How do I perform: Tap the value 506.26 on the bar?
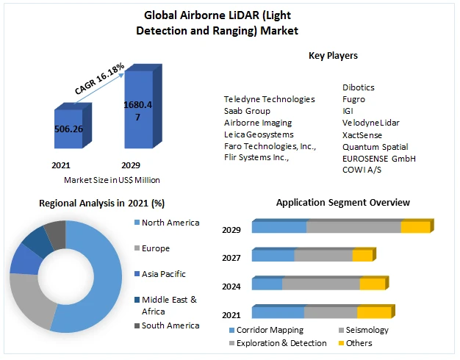68,129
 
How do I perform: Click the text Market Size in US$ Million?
111,180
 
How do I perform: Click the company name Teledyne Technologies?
269,99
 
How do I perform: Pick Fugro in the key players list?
353,99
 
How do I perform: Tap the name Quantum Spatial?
375,146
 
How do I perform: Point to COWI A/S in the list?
362,170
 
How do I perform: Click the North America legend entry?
170,223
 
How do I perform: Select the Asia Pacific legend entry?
163,274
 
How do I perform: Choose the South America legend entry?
170,325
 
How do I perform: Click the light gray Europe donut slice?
29,301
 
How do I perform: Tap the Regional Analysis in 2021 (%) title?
101,203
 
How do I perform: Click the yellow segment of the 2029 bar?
414,227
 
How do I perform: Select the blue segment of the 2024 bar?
267,284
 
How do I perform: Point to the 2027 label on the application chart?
231,258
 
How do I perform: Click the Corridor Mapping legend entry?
267,331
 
